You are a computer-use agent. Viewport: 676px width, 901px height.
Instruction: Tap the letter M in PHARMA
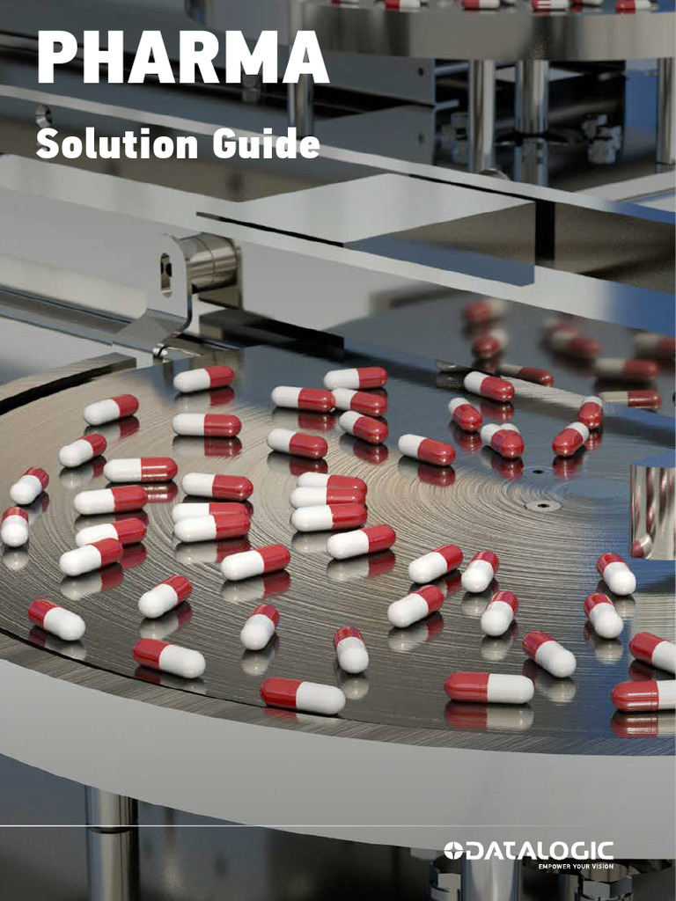point(250,61)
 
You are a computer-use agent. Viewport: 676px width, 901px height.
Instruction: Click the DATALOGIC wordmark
point(540,851)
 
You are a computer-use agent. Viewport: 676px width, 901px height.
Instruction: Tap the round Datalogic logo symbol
point(452,851)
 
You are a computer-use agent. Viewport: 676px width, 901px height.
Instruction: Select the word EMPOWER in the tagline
point(555,866)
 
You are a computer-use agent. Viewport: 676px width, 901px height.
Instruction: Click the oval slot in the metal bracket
point(165,274)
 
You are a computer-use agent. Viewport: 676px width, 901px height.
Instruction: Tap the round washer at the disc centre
point(542,506)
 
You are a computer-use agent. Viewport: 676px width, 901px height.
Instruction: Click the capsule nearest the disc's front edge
point(303,695)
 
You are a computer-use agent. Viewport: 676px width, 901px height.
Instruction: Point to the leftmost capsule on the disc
point(14,526)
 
